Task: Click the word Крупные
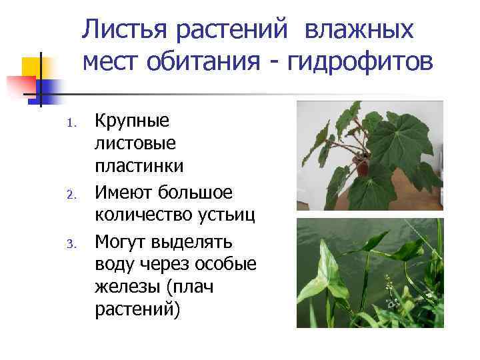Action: point(132,122)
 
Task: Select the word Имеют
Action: point(125,193)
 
